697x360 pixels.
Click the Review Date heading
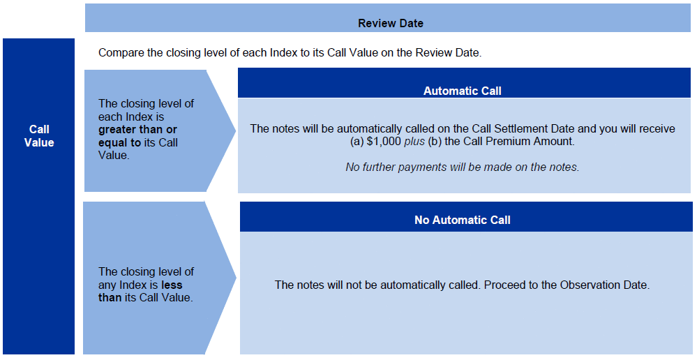point(391,23)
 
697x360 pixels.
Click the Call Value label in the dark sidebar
point(39,136)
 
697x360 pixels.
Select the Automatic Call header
point(463,91)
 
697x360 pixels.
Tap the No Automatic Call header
point(463,220)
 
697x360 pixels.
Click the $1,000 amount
point(384,142)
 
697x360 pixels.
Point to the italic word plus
point(414,142)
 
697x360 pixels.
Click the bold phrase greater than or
point(138,130)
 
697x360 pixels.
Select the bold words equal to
point(119,142)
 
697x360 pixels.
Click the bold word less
point(172,285)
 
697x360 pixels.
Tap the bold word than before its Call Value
point(110,298)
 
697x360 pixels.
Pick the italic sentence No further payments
point(463,167)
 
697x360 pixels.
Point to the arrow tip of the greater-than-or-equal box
point(236,130)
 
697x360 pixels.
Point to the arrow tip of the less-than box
point(236,278)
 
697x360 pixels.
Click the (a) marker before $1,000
point(357,142)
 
